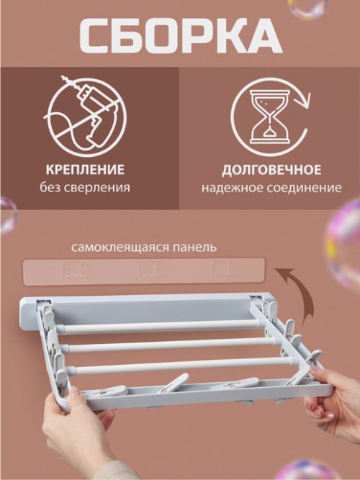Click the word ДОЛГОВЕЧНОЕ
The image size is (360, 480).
click(x=271, y=170)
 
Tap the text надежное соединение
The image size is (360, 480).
click(x=271, y=188)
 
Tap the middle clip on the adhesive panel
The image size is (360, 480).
click(x=150, y=271)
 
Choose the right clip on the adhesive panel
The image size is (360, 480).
click(x=222, y=269)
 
